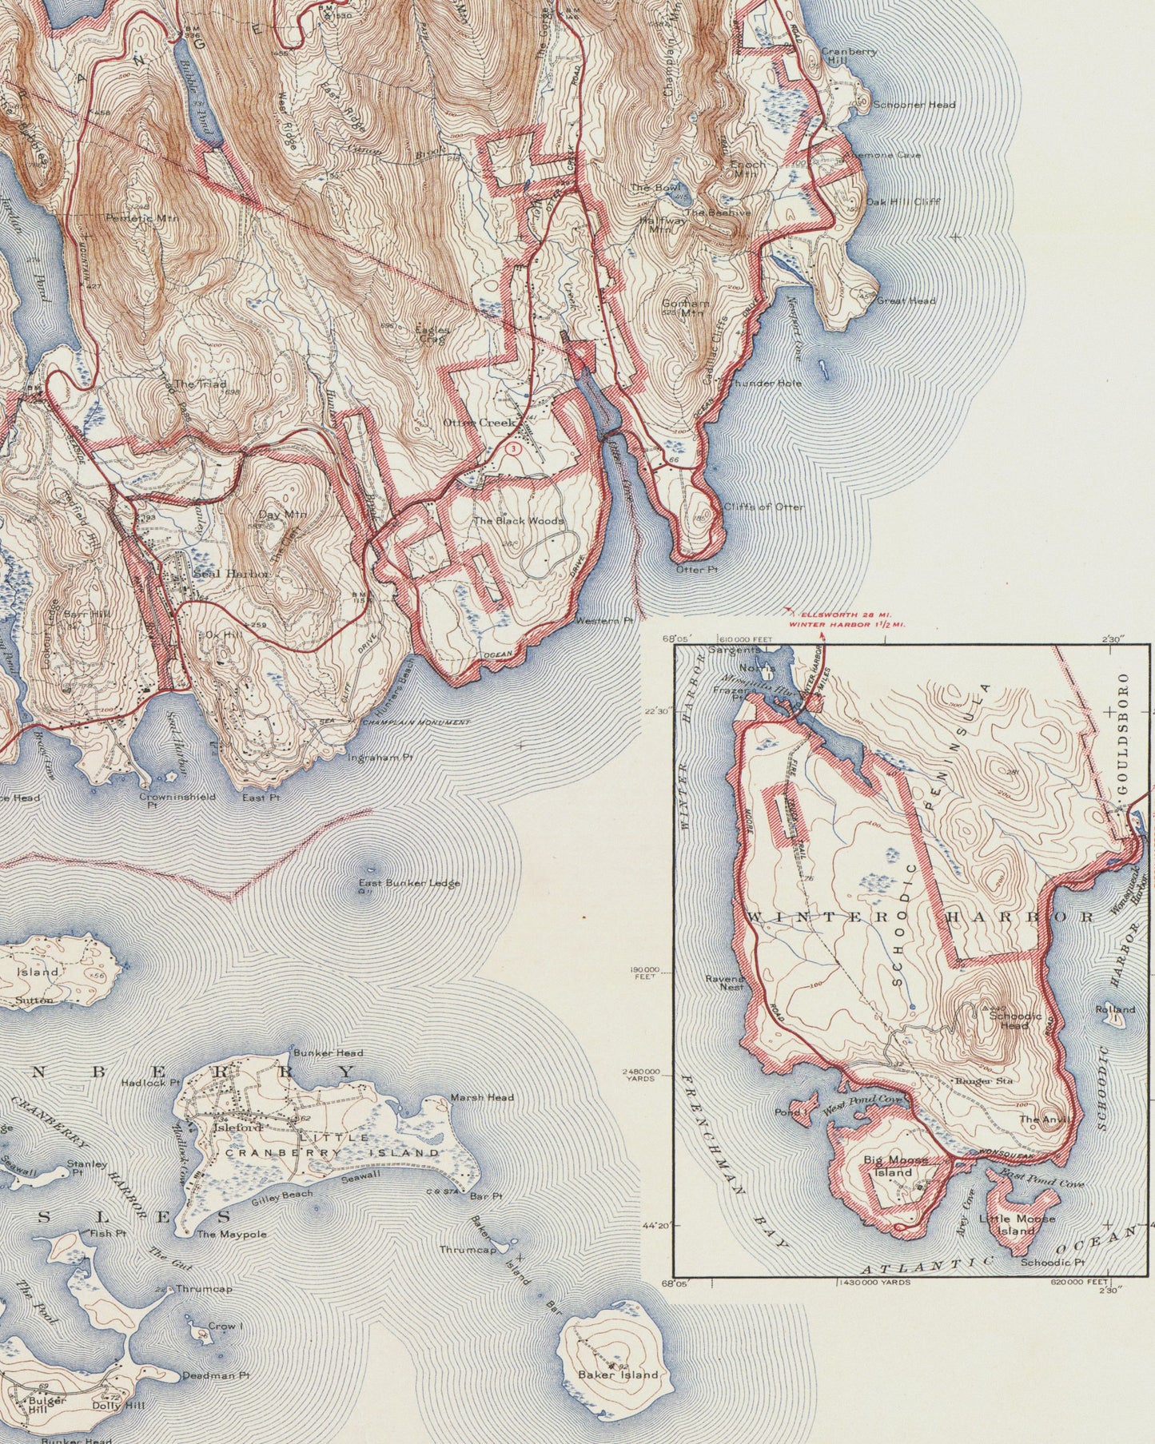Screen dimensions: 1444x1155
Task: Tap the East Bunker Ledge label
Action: pos(409,883)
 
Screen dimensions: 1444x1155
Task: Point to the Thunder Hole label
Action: pos(763,384)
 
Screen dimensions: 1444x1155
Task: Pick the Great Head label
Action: pos(906,301)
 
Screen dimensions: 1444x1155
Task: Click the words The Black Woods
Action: pos(518,520)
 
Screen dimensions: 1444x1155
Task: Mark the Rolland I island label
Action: pos(1115,1010)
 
